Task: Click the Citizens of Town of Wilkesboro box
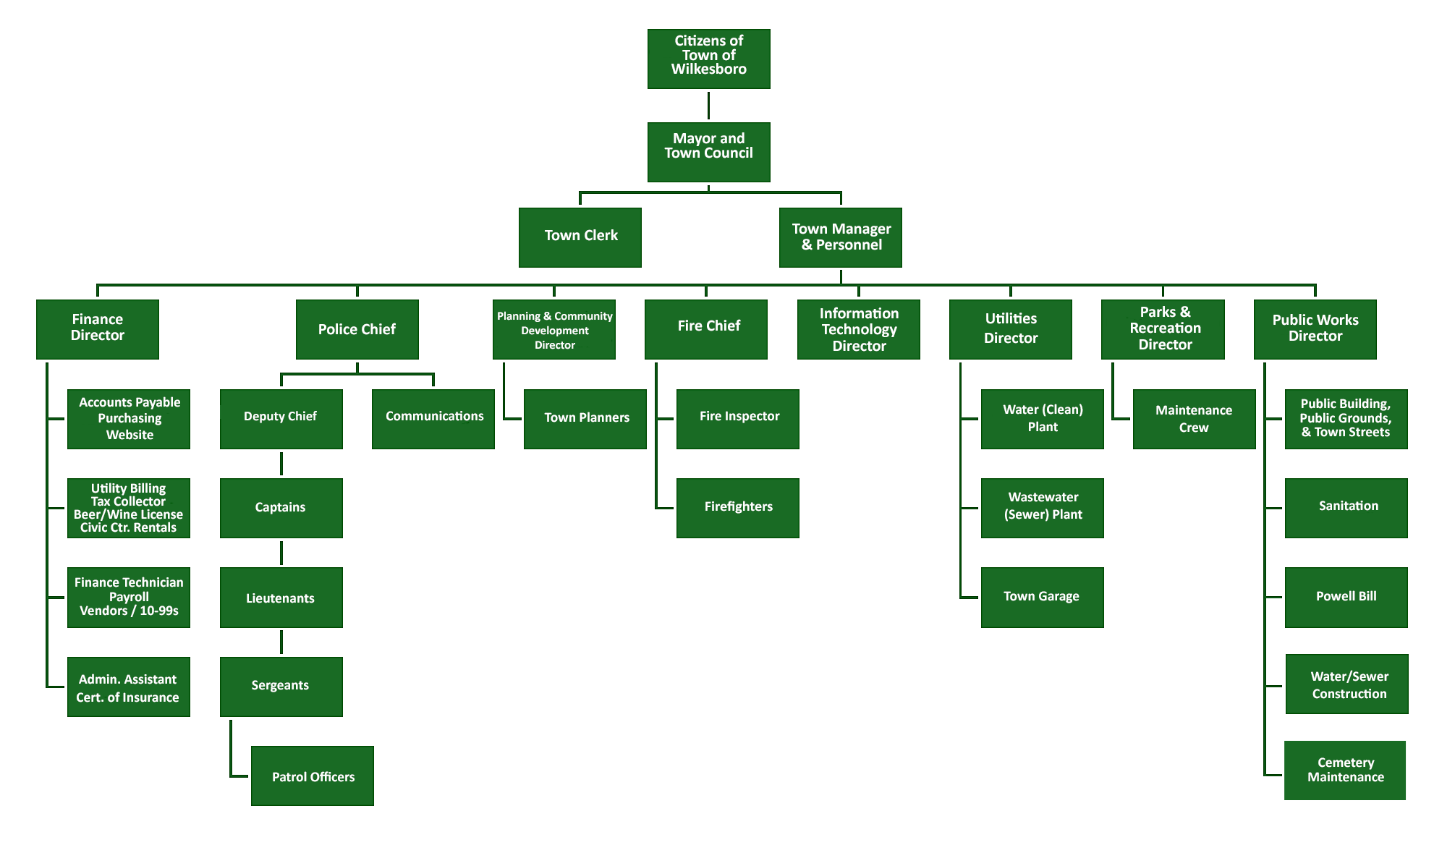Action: click(708, 59)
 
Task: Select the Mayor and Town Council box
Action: click(708, 152)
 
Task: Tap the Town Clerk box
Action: click(580, 237)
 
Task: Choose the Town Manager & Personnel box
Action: click(840, 237)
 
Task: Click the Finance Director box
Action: click(97, 329)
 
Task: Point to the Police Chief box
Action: click(357, 329)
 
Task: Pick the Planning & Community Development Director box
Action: click(553, 329)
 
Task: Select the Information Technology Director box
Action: click(858, 329)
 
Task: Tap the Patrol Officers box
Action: click(312, 776)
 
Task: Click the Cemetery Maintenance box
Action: click(1344, 770)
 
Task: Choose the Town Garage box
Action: click(1042, 597)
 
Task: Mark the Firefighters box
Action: click(737, 507)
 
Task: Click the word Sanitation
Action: click(1348, 506)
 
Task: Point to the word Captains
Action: click(280, 507)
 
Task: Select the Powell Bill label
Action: click(1346, 596)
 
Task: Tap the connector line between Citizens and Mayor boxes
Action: click(708, 106)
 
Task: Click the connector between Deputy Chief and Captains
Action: click(281, 464)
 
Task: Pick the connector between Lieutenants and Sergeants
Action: click(281, 642)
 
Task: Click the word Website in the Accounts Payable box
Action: click(130, 435)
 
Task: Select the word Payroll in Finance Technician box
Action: click(129, 597)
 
